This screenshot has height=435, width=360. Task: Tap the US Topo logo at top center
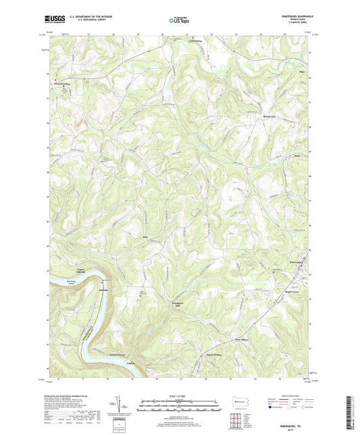[x=176, y=21]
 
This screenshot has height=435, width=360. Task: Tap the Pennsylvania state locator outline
[x=238, y=402]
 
